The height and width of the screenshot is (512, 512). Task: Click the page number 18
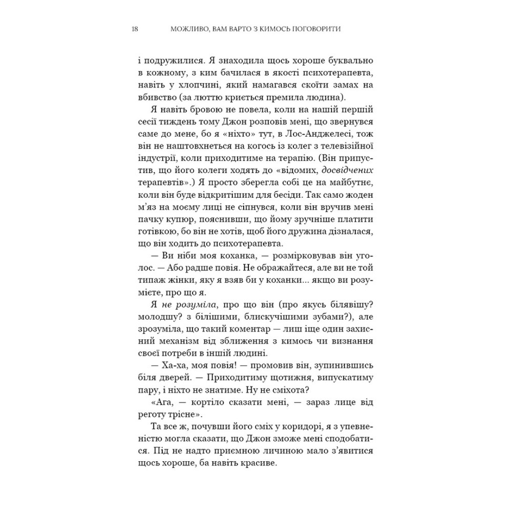(x=134, y=29)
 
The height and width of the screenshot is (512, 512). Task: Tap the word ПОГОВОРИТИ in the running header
(x=312, y=29)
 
